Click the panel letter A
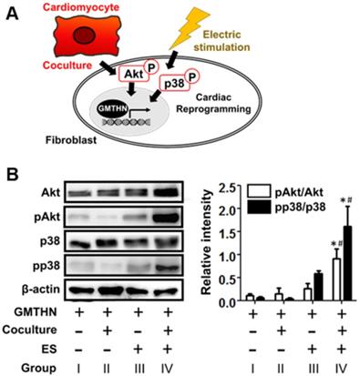point(13,13)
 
